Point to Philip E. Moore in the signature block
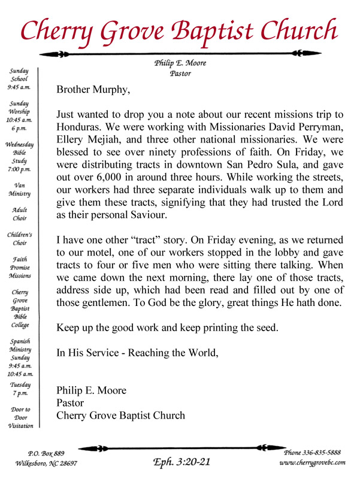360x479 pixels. click(91, 391)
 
